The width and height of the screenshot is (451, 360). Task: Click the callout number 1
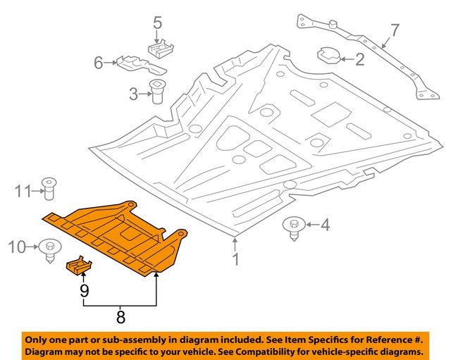tap(235, 259)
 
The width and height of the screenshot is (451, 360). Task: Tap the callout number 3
tap(134, 93)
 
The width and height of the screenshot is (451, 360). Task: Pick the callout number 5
tap(158, 23)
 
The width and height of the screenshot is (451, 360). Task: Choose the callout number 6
tap(99, 63)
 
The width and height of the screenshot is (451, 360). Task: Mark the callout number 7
tap(395, 30)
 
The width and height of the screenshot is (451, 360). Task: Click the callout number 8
tap(121, 318)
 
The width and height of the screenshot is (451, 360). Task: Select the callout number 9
tap(84, 289)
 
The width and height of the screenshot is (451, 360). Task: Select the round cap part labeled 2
tap(329, 54)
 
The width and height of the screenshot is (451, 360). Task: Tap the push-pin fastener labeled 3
tap(157, 92)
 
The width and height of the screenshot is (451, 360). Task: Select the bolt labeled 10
tap(49, 249)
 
